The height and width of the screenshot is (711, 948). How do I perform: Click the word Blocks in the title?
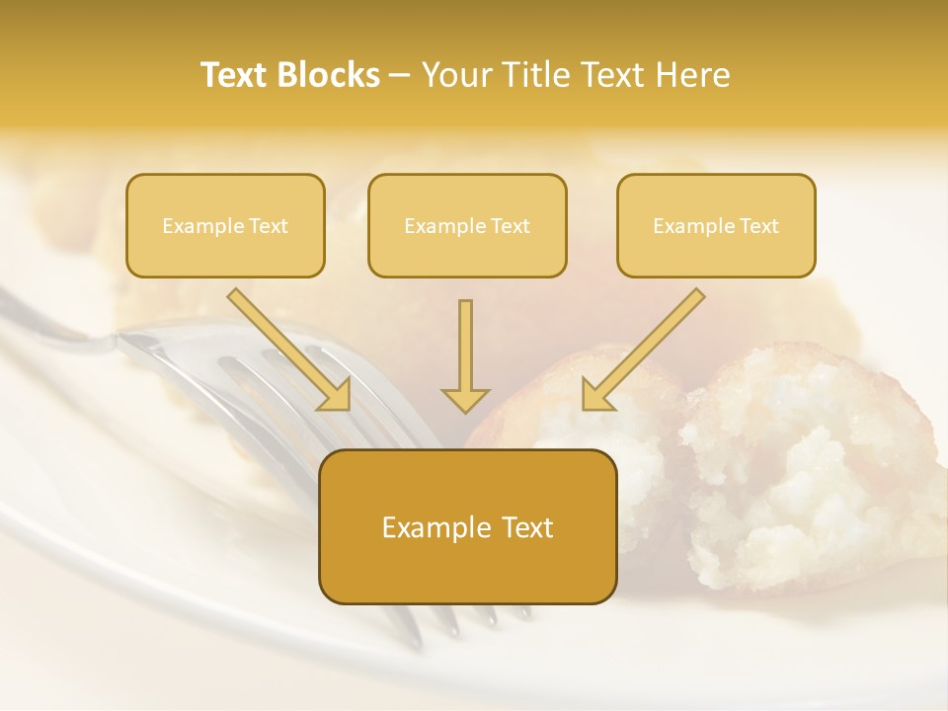[330, 75]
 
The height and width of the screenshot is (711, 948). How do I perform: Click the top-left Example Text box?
[225, 225]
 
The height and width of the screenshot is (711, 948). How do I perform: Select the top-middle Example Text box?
[467, 225]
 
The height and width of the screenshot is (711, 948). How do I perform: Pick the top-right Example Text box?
[716, 225]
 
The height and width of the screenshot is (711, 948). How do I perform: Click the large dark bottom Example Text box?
[467, 527]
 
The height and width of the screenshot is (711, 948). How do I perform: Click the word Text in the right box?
[758, 226]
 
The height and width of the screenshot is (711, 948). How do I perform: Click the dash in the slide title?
[400, 75]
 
